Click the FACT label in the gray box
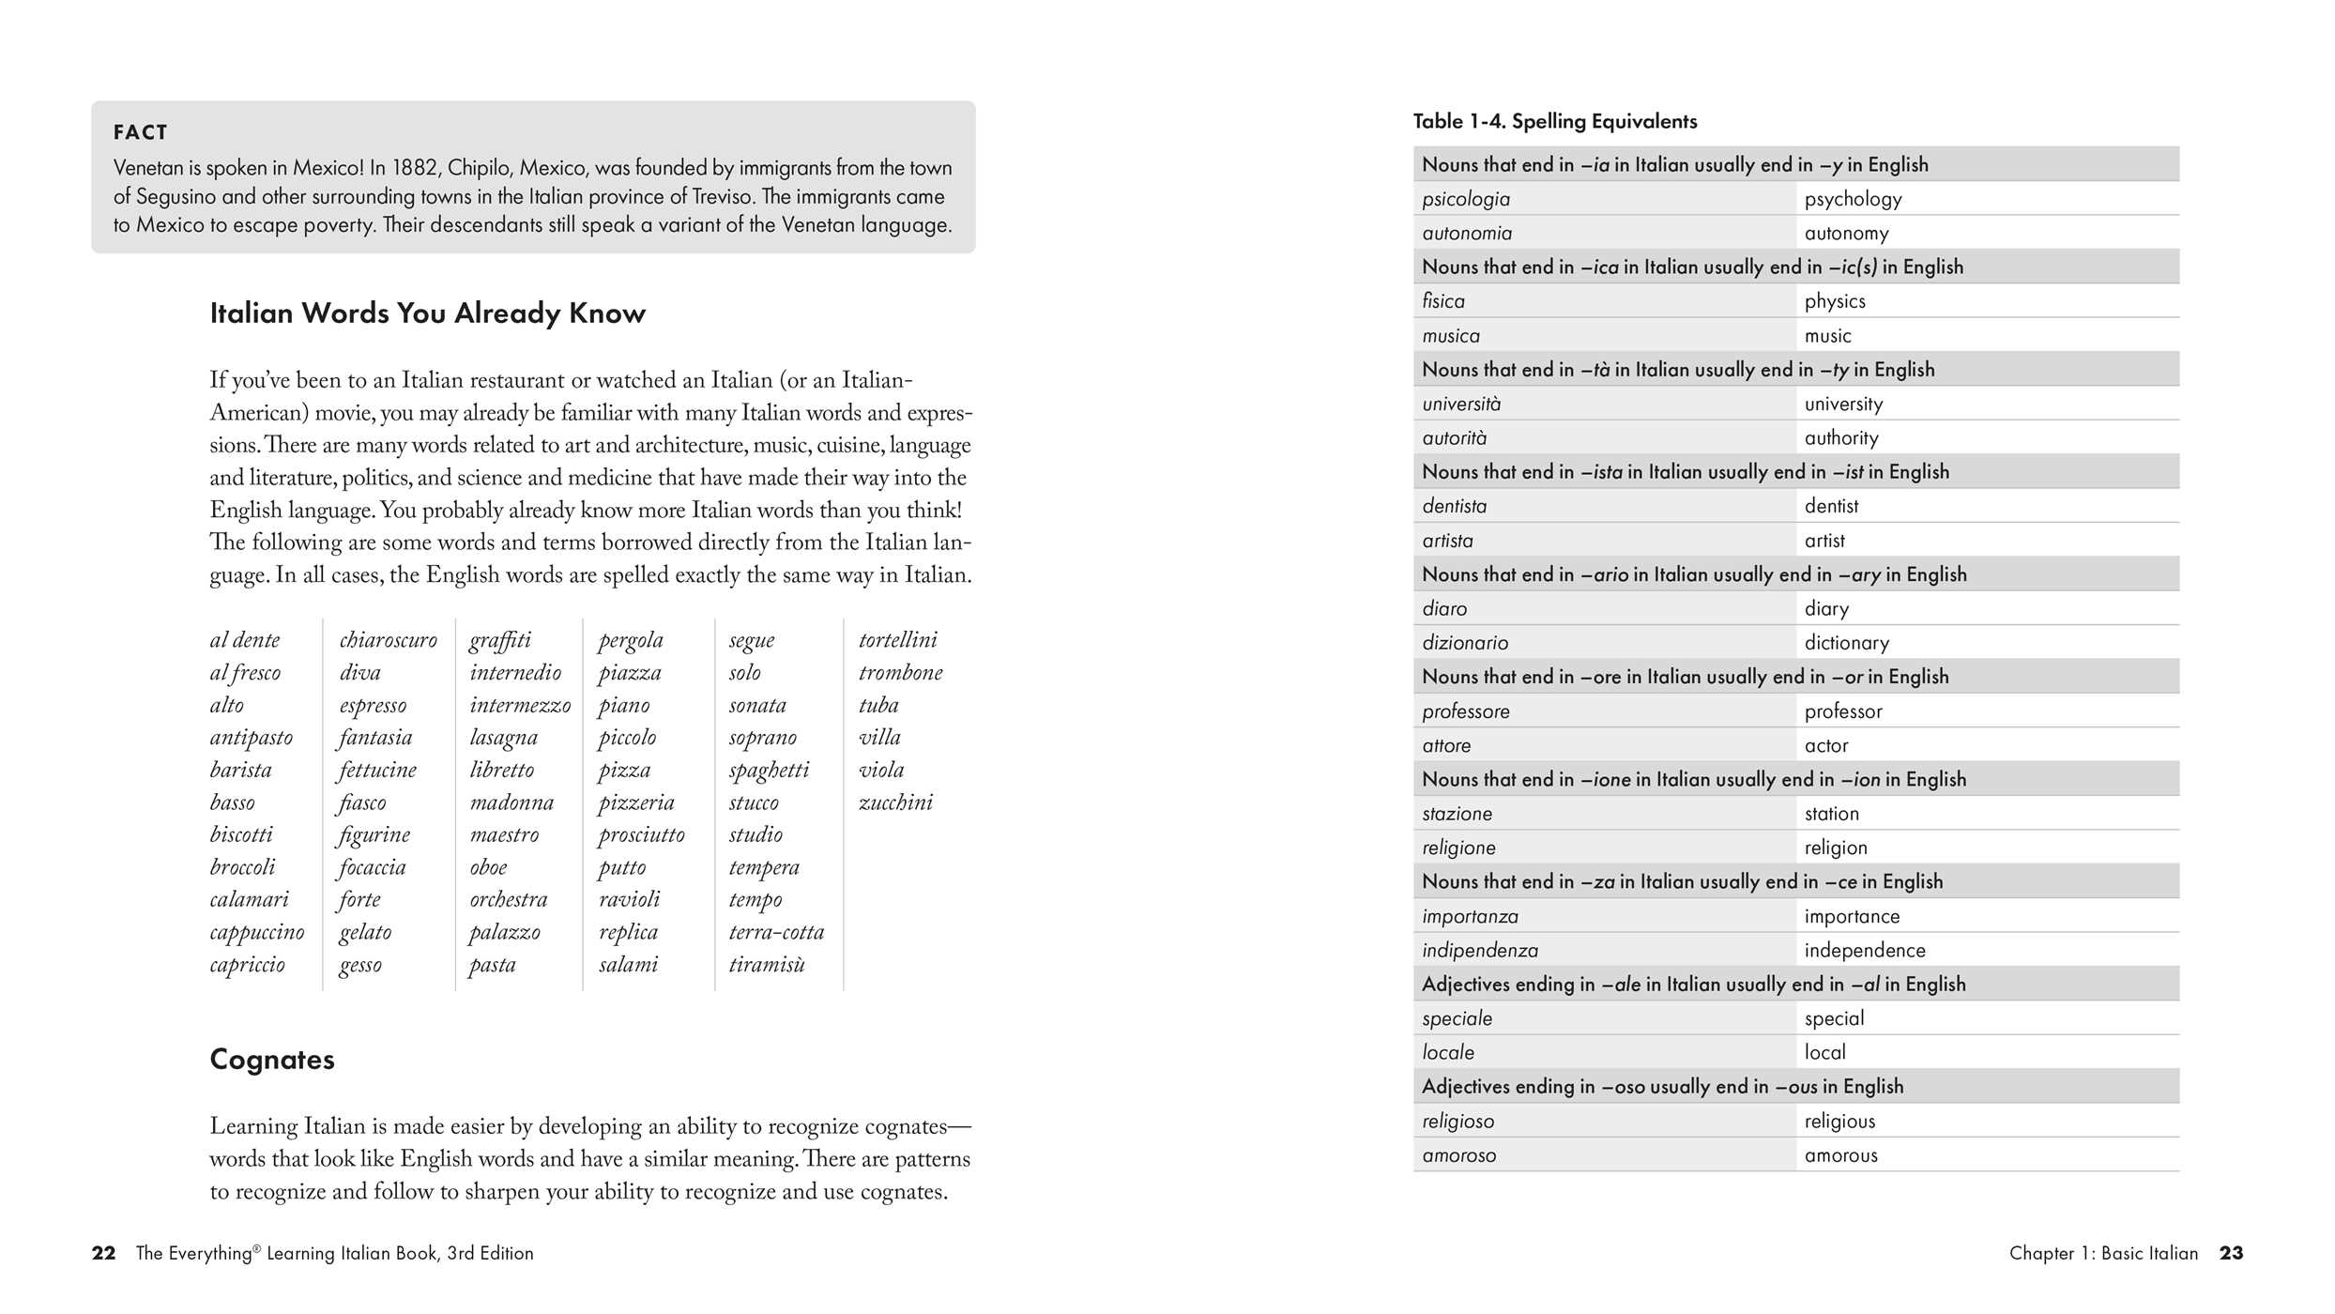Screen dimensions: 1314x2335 point(140,132)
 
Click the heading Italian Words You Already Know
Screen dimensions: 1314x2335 point(427,313)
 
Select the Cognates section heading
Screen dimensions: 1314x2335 point(272,1059)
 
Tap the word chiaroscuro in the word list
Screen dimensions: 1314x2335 point(388,640)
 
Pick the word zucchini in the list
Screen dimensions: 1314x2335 point(895,802)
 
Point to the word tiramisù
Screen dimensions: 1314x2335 point(767,965)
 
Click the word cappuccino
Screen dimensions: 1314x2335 point(257,933)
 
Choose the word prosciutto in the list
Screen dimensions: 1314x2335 point(642,835)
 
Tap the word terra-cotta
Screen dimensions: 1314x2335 point(776,933)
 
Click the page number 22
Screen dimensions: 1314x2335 point(103,1253)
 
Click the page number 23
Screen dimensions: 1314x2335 point(2231,1253)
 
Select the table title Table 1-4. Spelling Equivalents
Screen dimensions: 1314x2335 point(1555,121)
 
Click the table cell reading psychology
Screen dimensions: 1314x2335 point(1853,199)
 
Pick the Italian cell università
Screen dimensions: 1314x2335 point(1461,405)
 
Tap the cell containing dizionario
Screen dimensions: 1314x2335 point(1465,643)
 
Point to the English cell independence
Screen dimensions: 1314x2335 point(1864,951)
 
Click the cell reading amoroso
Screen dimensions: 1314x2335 point(1458,1155)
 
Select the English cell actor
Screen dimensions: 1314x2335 point(1825,746)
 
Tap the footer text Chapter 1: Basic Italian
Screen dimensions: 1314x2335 point(2103,1253)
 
